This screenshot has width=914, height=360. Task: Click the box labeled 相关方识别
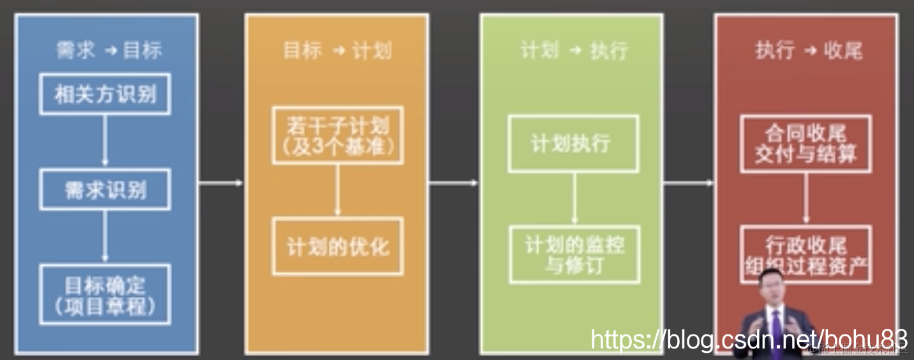(105, 94)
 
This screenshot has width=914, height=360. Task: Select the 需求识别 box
(105, 190)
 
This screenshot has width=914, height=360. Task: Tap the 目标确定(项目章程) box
(105, 294)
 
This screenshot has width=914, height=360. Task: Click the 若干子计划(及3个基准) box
(338, 135)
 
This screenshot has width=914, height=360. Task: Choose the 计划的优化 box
(338, 246)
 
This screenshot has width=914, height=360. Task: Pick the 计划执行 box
(573, 144)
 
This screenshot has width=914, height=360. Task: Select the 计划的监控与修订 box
(574, 255)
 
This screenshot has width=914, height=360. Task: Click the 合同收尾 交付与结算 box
(805, 144)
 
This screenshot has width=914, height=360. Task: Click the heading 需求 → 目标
(108, 50)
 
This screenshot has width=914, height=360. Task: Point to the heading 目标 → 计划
(337, 50)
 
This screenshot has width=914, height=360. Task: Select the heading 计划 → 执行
(573, 50)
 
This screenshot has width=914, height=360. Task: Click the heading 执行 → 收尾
(808, 50)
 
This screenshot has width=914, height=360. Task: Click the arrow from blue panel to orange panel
(221, 183)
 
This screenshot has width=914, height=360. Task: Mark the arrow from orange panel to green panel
(453, 183)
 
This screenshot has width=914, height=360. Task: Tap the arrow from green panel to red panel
(689, 183)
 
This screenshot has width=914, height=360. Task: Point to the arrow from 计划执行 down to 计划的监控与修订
(574, 199)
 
